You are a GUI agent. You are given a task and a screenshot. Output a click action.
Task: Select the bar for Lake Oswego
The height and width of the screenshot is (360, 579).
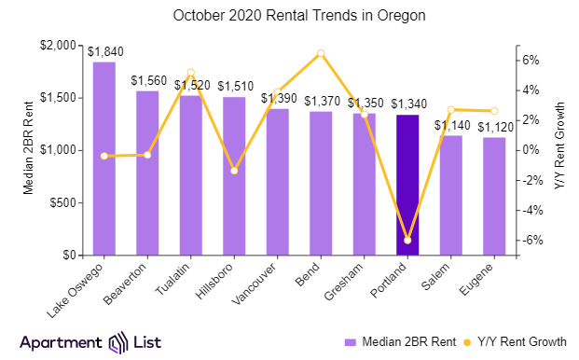tap(103, 159)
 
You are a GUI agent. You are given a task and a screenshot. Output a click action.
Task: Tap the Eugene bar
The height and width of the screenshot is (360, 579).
tap(494, 196)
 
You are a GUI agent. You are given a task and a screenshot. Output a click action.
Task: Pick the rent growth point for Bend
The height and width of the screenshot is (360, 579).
tap(321, 53)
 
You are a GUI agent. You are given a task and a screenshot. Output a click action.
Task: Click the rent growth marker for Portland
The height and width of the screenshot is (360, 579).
tap(407, 241)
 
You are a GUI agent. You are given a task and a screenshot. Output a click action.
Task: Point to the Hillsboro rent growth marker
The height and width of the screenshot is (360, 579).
tap(234, 171)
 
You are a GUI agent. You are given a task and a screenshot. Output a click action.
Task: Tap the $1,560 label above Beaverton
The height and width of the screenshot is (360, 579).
tap(148, 81)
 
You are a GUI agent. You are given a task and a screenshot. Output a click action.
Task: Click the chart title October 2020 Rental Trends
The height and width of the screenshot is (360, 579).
tap(289, 16)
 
